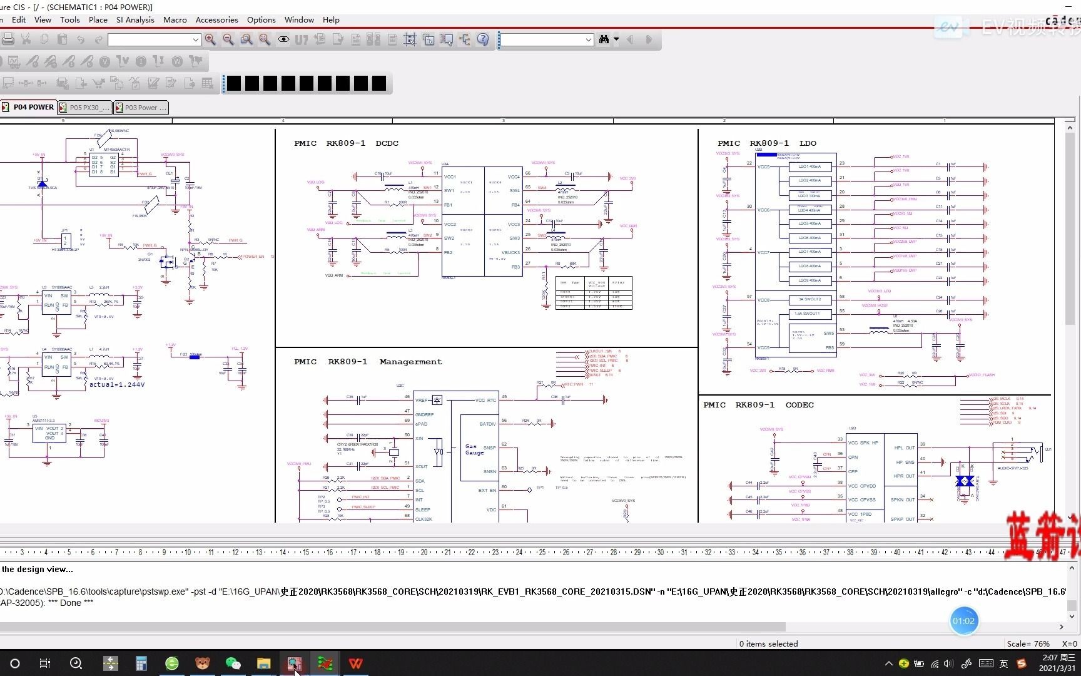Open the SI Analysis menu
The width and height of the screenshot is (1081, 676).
click(135, 20)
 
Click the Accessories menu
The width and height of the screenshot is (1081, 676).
click(216, 20)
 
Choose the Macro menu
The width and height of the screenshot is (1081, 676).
click(175, 20)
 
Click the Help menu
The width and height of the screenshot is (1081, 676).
click(331, 20)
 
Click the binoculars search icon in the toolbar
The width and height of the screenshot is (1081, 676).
click(604, 39)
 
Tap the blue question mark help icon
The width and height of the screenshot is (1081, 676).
click(483, 39)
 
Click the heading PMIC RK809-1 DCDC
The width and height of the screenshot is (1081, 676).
click(346, 143)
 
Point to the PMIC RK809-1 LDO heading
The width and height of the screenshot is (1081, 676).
click(766, 143)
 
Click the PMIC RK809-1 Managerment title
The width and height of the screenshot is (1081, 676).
click(368, 362)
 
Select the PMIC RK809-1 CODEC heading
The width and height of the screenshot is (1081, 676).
click(758, 405)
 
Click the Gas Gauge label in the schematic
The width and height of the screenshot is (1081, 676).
click(474, 449)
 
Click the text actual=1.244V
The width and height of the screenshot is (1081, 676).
click(117, 385)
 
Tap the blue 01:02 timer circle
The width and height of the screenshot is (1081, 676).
click(963, 621)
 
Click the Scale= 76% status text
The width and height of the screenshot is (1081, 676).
click(1028, 643)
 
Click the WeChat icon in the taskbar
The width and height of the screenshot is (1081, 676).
click(233, 663)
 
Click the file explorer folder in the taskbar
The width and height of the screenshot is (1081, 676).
click(263, 663)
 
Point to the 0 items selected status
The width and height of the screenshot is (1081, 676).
click(768, 643)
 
